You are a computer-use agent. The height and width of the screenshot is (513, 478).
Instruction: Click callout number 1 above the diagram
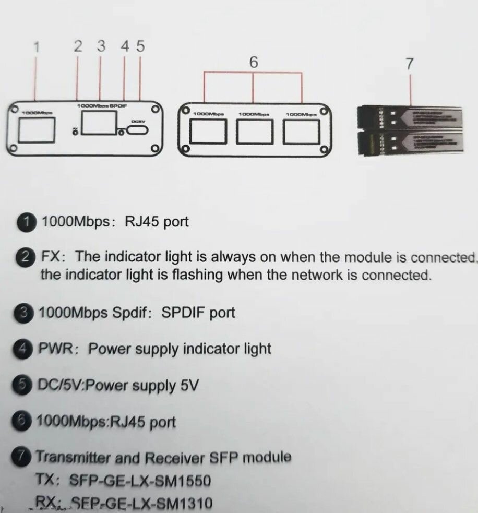tap(37, 47)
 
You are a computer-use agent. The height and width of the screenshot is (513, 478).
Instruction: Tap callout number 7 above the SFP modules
tap(410, 64)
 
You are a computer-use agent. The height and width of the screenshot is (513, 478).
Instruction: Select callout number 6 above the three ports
tap(254, 62)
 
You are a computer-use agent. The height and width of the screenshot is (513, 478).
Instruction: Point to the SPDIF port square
tap(100, 124)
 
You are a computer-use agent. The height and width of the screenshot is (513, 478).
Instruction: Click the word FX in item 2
tap(52, 257)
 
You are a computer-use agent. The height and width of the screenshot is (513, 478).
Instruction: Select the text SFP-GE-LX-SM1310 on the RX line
tap(141, 504)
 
